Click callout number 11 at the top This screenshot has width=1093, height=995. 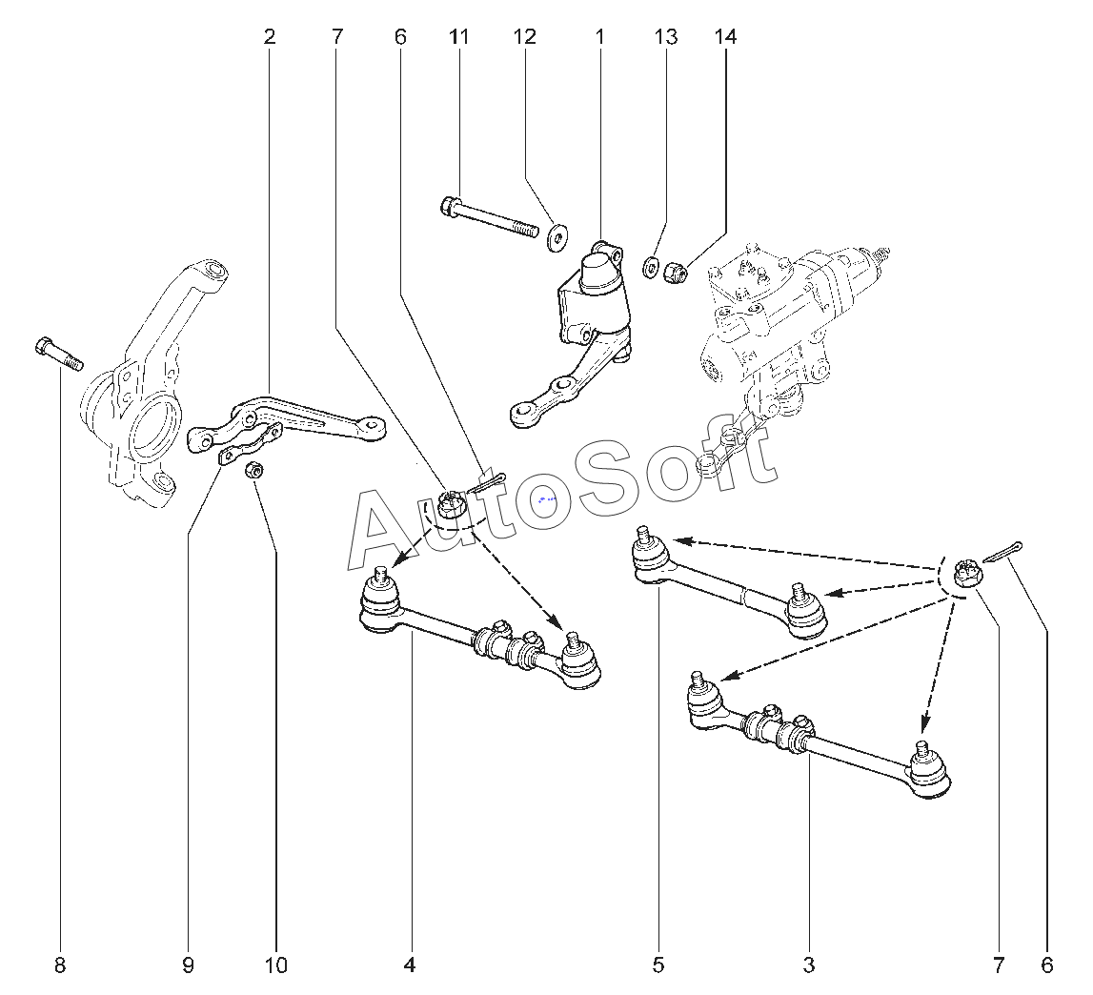tap(458, 37)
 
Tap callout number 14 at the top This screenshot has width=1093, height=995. tap(725, 37)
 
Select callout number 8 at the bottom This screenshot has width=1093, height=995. tap(60, 965)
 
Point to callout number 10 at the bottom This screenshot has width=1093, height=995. tap(276, 965)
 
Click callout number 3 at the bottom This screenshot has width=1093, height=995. tap(809, 965)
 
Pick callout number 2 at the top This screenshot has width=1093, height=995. tap(270, 37)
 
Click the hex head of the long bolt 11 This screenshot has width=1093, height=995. tap(450, 206)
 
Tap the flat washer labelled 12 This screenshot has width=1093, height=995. tap(557, 237)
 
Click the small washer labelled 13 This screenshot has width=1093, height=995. tap(650, 266)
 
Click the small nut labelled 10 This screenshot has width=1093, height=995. tap(254, 470)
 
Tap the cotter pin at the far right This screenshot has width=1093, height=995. tap(1002, 551)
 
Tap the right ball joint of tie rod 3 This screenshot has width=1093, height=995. tap(928, 770)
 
